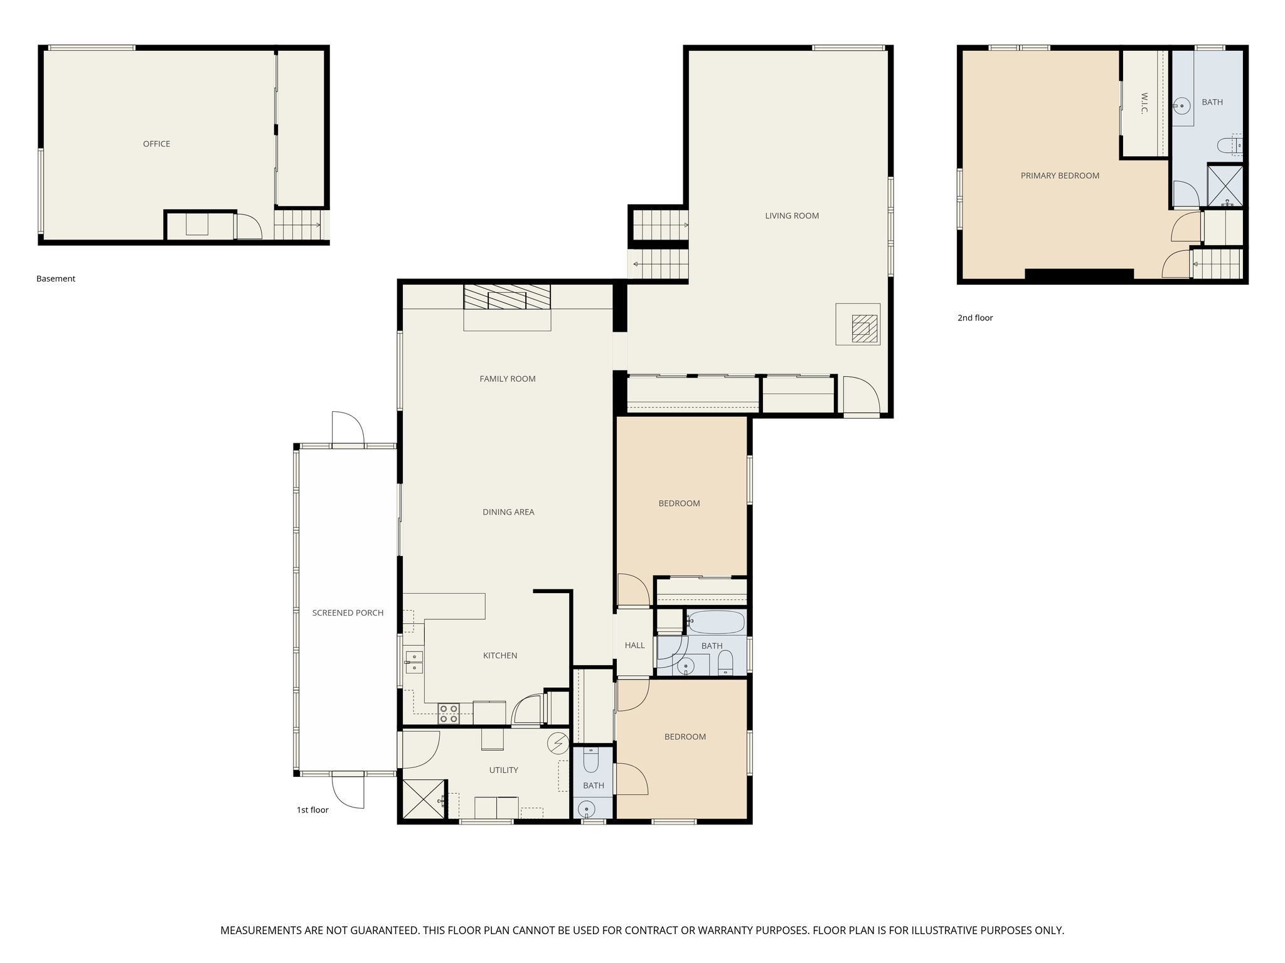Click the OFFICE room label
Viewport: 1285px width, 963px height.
pyautogui.click(x=156, y=144)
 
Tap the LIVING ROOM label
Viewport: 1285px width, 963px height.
pyautogui.click(x=792, y=216)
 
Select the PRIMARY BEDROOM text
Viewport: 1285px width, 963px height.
pyautogui.click(x=1060, y=176)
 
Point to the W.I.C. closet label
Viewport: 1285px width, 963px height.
pyautogui.click(x=1144, y=103)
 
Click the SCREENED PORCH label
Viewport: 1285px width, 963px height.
pyautogui.click(x=348, y=613)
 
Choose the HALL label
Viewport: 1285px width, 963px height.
pyautogui.click(x=634, y=645)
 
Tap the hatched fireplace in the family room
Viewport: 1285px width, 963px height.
pyautogui.click(x=507, y=297)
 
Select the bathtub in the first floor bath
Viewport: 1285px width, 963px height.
pyautogui.click(x=715, y=623)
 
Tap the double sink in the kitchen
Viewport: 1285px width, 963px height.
pyautogui.click(x=414, y=661)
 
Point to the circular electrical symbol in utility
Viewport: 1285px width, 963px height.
pyautogui.click(x=557, y=744)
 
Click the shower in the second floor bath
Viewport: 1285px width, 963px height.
pyautogui.click(x=1225, y=184)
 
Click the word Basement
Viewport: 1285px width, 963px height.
pyautogui.click(x=56, y=279)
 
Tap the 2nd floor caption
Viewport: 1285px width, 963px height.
pyautogui.click(x=975, y=318)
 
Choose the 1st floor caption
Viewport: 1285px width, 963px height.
pyautogui.click(x=312, y=810)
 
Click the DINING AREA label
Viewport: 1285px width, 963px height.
pyautogui.click(x=508, y=512)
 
